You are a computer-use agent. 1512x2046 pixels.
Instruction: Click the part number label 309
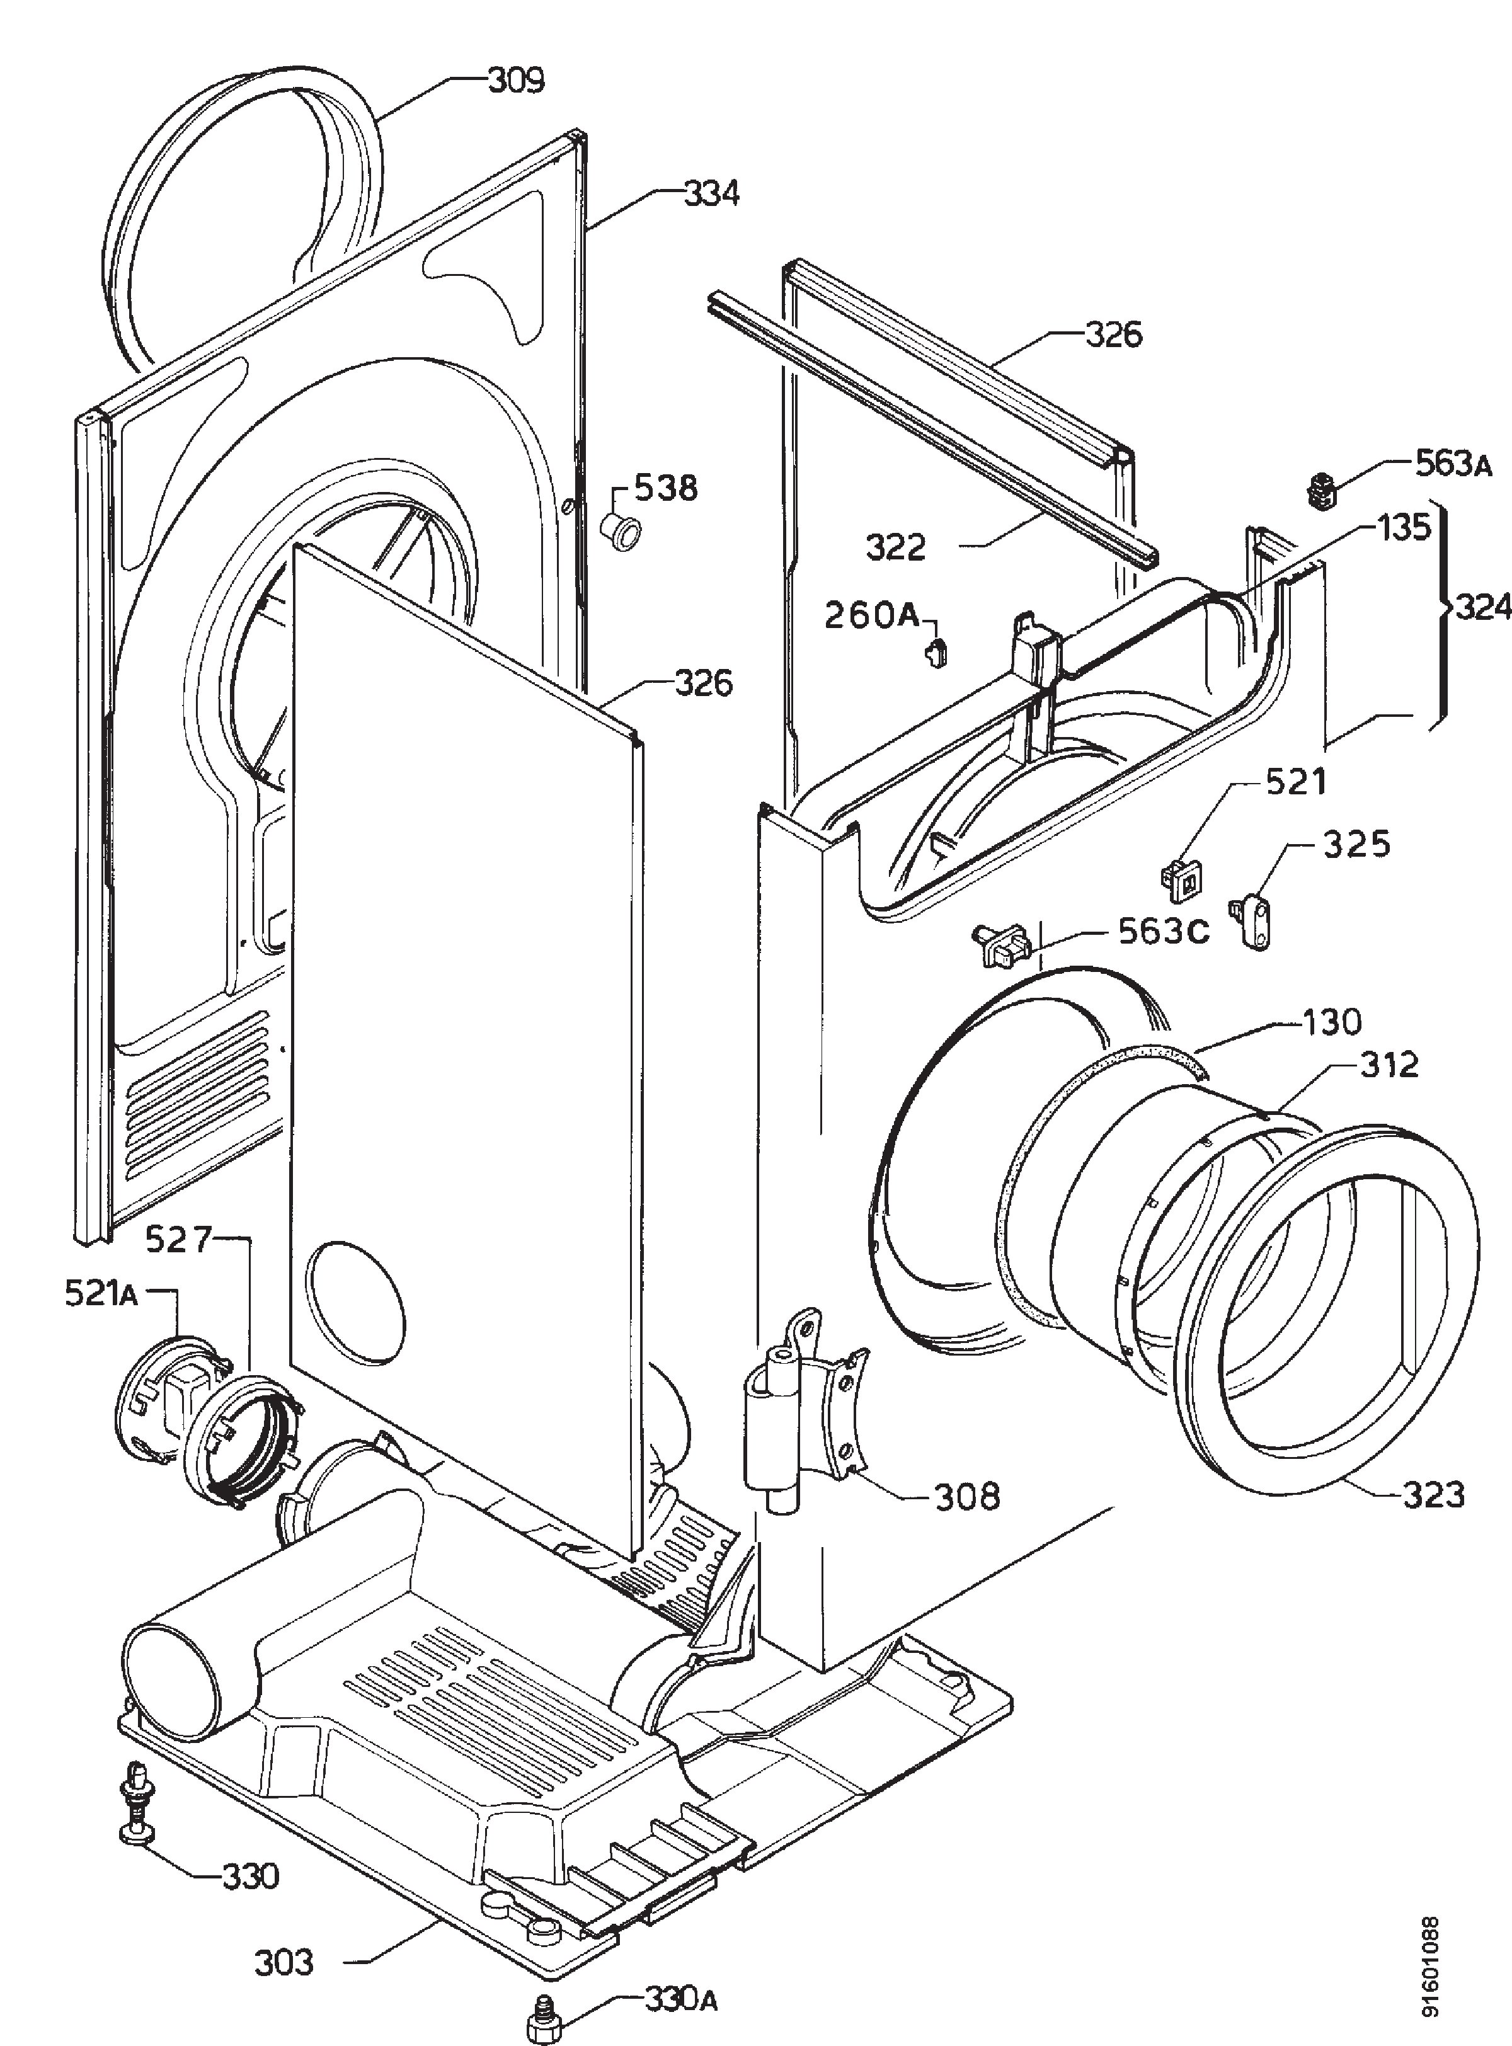click(515, 81)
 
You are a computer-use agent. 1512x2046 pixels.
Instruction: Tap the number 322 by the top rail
click(896, 547)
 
